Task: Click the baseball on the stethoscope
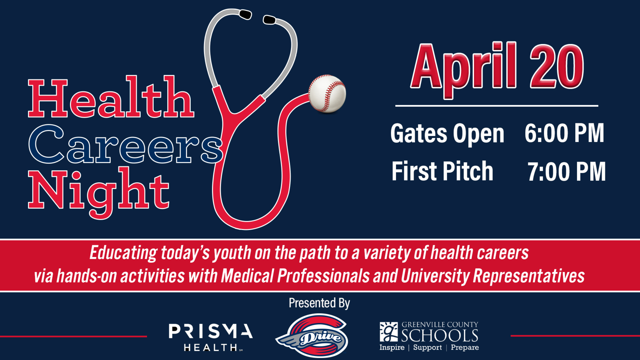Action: (x=327, y=94)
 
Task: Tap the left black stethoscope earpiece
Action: (x=245, y=14)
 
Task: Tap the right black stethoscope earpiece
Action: (x=269, y=20)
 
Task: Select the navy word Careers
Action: (x=126, y=144)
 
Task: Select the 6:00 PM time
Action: (x=564, y=133)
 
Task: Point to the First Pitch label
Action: (x=442, y=171)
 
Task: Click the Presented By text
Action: (x=319, y=303)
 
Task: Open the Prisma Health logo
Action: (x=211, y=337)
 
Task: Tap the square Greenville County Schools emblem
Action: (x=389, y=332)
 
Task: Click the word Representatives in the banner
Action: (x=529, y=276)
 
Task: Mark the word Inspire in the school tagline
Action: (x=392, y=348)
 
